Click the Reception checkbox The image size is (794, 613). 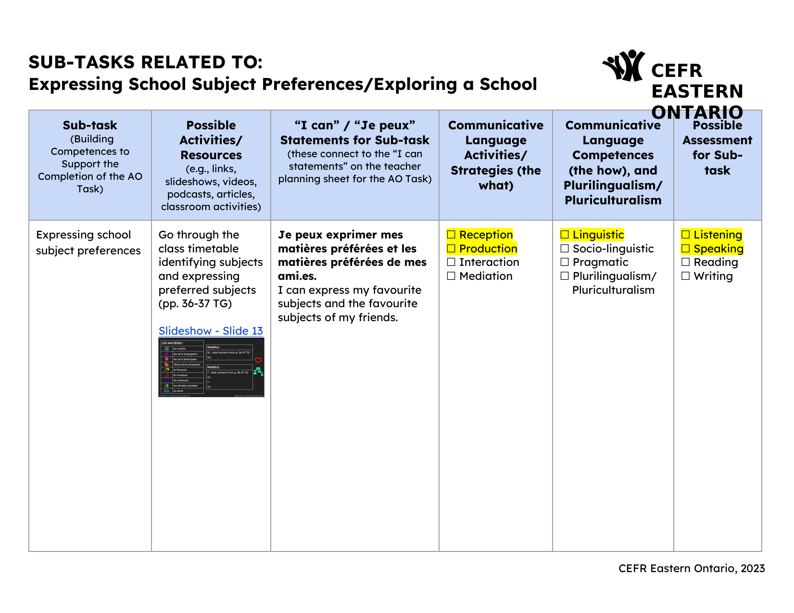[451, 235]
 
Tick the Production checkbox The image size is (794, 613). [451, 249]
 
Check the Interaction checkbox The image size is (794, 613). [451, 262]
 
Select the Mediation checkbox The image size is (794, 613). [451, 276]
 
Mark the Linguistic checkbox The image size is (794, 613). [565, 235]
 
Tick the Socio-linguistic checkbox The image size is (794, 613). [565, 249]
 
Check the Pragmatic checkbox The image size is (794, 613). [565, 262]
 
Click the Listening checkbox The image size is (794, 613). [686, 235]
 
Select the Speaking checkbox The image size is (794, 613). [686, 249]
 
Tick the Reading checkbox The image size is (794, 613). [686, 262]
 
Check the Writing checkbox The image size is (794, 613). [686, 276]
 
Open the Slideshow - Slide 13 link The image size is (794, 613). [211, 331]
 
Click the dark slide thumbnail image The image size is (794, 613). [211, 368]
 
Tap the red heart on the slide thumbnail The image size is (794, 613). [258, 360]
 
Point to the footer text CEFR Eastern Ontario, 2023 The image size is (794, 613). [691, 568]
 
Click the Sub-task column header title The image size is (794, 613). [90, 125]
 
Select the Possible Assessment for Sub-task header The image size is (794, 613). [717, 148]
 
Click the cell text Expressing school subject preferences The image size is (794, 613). [88, 242]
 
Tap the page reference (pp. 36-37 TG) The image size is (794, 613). [195, 303]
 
